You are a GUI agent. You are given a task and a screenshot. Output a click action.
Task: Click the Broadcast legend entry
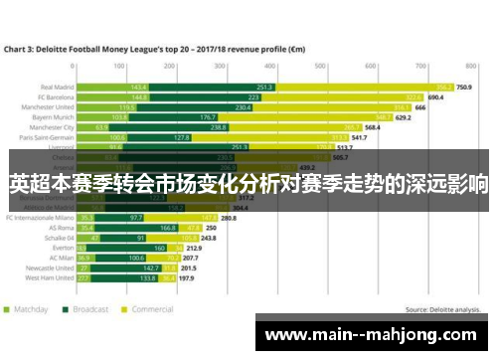90,308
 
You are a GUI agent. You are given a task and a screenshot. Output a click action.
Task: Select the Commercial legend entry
151,308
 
